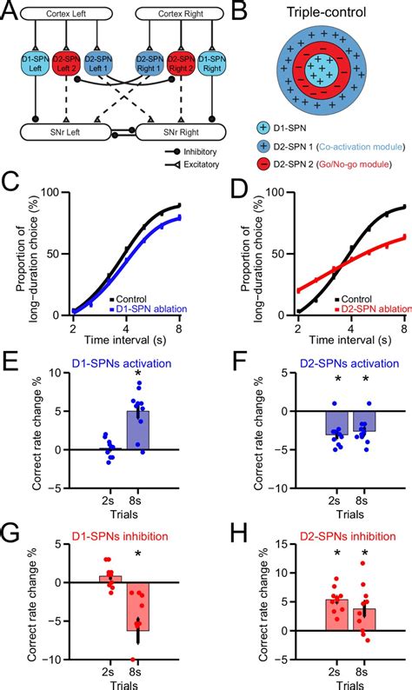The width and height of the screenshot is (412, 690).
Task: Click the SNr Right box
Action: click(x=183, y=131)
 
